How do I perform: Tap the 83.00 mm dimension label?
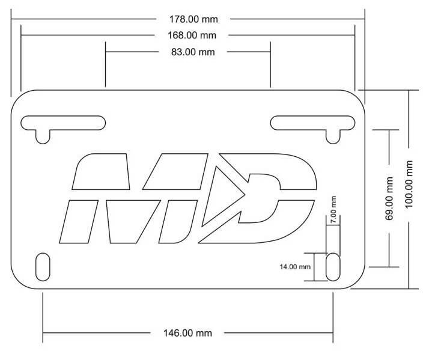[x=188, y=52]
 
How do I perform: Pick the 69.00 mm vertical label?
[x=389, y=198]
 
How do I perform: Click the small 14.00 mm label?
[x=295, y=266]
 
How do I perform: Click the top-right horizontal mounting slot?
[x=312, y=122]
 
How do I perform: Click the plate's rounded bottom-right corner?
[x=357, y=281]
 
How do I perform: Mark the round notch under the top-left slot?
[x=42, y=136]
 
